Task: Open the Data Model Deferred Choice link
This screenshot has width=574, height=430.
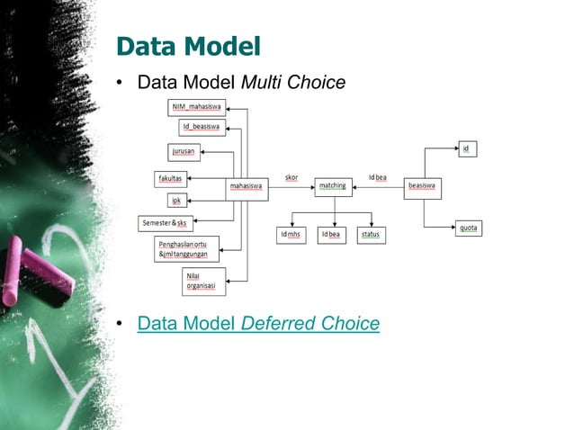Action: (x=258, y=323)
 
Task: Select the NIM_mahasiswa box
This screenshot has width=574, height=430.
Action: (x=197, y=108)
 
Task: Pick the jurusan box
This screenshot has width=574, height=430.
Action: (x=184, y=151)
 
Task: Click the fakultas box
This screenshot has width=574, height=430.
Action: (x=171, y=178)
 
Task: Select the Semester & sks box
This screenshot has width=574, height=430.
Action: (x=166, y=221)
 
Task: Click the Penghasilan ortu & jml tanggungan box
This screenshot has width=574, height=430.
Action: (x=187, y=249)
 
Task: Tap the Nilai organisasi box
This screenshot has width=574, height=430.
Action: (x=203, y=281)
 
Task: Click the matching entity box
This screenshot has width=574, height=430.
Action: (x=334, y=187)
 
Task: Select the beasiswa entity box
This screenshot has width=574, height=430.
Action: (x=423, y=187)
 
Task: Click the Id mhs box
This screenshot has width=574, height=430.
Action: (x=291, y=235)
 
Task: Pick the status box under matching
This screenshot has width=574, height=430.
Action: (x=371, y=235)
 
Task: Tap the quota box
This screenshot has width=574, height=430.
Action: (x=469, y=228)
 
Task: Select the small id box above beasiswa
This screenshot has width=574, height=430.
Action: (x=466, y=148)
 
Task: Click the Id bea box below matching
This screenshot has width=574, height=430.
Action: (x=332, y=235)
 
